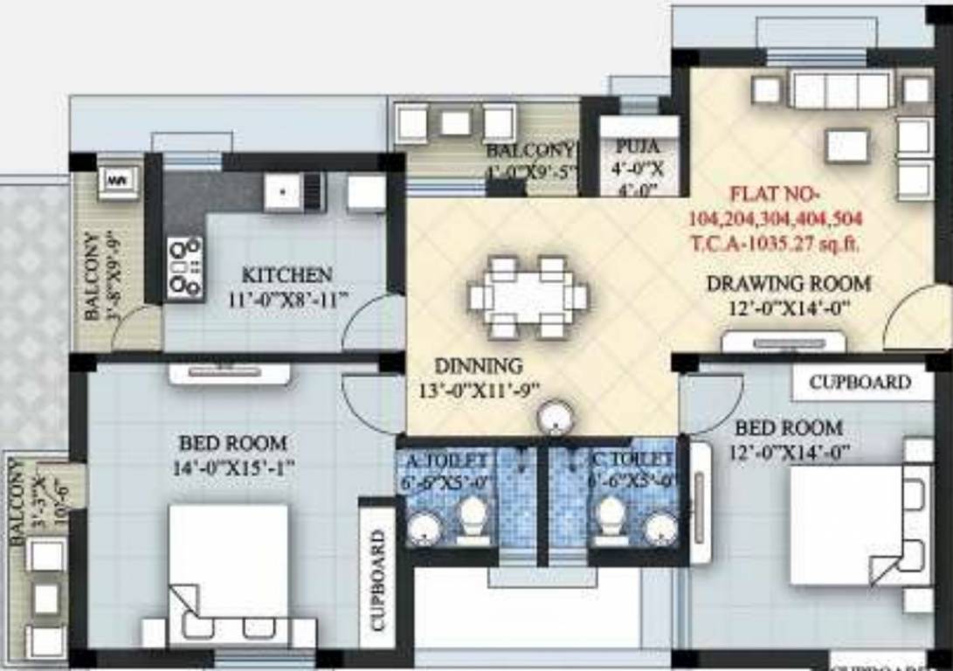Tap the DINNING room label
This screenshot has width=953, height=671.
coord(479,366)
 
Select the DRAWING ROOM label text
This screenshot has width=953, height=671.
coord(788,284)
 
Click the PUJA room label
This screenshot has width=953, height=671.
coord(637,146)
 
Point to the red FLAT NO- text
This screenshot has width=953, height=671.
coord(770,193)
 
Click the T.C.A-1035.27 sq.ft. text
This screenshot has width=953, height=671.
coord(774,245)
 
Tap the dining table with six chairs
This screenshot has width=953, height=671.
coord(527,298)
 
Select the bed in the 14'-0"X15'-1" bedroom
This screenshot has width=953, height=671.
coord(229,564)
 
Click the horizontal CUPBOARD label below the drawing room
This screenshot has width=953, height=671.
coord(860,382)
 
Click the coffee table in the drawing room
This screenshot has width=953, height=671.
coord(846,145)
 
